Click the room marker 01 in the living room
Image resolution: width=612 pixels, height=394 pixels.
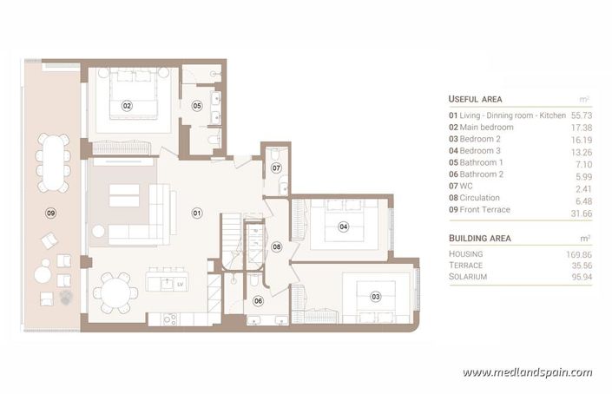(196, 213)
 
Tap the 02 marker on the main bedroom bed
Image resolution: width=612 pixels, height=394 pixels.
(127, 106)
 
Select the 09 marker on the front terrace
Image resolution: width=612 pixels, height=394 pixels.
(51, 213)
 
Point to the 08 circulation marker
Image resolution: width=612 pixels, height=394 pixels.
(277, 246)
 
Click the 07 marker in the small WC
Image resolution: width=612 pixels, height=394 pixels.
(276, 167)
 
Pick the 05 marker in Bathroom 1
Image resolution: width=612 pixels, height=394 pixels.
(197, 106)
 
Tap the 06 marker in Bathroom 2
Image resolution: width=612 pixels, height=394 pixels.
(258, 300)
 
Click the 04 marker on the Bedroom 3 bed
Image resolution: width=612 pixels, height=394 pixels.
(343, 227)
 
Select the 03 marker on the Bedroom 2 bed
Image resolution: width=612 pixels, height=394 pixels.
(376, 296)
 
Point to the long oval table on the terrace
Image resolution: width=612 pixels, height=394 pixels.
(54, 162)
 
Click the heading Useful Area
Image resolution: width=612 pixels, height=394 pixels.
(475, 99)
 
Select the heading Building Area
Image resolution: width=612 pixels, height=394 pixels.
(479, 238)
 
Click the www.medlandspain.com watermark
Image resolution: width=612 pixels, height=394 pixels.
(528, 373)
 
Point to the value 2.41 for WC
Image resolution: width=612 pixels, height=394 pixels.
(581, 187)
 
